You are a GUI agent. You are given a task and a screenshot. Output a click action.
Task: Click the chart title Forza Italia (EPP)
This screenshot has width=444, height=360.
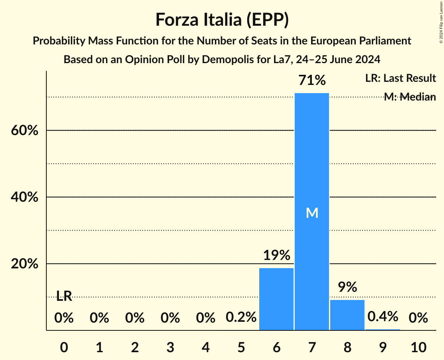coord(222,20)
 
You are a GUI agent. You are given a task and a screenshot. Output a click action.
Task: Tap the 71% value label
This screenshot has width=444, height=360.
coord(312,81)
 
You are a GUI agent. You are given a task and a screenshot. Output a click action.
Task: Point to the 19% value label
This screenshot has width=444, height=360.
coord(276,256)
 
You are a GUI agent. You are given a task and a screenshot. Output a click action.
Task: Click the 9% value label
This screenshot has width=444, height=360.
coord(347,288)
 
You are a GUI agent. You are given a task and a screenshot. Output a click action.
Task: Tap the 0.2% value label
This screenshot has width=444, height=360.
coord(241,318)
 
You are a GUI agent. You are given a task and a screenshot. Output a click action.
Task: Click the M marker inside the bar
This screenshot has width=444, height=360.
coord(312,213)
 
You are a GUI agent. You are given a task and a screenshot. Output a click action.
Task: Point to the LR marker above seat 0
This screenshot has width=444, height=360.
coord(64,296)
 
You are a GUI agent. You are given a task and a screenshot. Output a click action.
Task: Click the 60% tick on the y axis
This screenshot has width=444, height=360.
coord(25,131)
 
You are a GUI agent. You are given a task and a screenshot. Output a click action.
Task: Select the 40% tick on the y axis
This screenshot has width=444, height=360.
coord(25,197)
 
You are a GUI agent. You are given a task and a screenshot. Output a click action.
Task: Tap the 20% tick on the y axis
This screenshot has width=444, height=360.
coord(25,264)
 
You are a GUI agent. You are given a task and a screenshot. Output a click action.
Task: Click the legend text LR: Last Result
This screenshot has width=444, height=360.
coord(400,78)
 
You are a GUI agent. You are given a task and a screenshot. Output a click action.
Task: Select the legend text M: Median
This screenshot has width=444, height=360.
coord(409,97)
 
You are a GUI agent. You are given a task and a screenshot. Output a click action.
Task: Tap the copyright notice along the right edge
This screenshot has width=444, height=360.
coord(440,21)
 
